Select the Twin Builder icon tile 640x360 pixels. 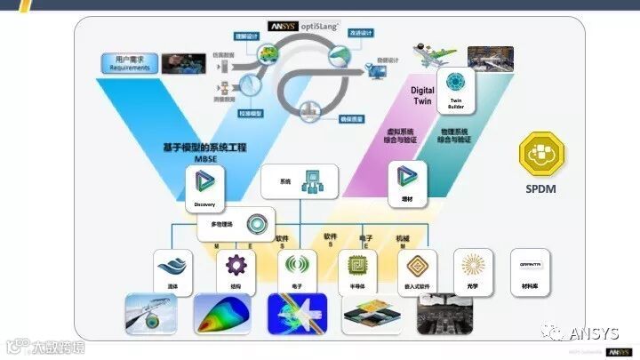click(x=457, y=87)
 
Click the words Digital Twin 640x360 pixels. click(x=422, y=95)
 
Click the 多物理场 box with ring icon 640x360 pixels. click(x=234, y=223)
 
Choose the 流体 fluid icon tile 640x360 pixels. click(x=172, y=269)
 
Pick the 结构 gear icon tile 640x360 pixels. click(x=236, y=269)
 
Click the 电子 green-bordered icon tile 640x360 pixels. click(x=298, y=269)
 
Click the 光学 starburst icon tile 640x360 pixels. click(x=473, y=269)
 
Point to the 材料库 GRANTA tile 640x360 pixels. click(x=534, y=269)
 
